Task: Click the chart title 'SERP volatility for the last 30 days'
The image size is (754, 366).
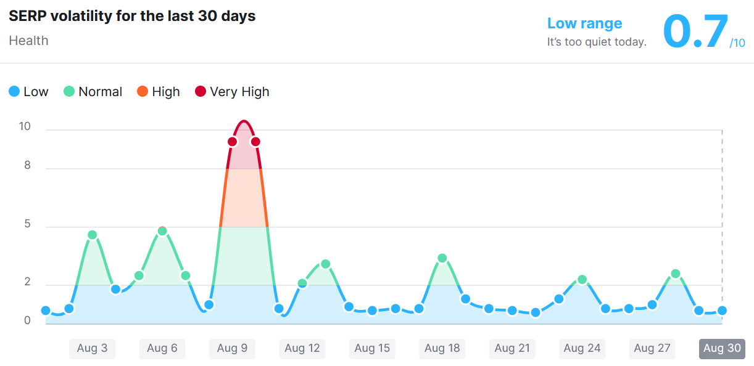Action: coord(132,17)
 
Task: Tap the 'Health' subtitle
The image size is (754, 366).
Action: coord(28,41)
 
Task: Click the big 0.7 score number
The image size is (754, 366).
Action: coord(695,31)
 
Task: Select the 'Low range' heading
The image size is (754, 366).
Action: coord(584,23)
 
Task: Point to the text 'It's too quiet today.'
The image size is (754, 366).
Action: coord(597,42)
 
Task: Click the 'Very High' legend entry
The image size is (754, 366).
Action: coord(232,92)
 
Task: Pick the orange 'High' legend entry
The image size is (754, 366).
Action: coord(159,92)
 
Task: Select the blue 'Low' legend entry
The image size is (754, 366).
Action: coord(28,92)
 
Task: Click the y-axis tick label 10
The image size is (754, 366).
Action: coord(25,126)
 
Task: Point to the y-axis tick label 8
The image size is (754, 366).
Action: coord(27,166)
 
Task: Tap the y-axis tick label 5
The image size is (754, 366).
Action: coord(27,224)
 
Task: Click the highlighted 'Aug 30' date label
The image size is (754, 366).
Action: coord(722,348)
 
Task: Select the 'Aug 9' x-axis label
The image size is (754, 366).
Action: coord(232,348)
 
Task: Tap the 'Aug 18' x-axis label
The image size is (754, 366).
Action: coord(442,348)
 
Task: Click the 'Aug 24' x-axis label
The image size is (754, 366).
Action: coord(582,348)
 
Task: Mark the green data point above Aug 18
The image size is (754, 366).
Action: coord(442,258)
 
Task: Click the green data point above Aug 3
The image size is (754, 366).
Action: coord(93,235)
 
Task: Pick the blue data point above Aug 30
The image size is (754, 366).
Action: coord(722,311)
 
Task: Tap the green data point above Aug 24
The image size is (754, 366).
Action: coord(582,280)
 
